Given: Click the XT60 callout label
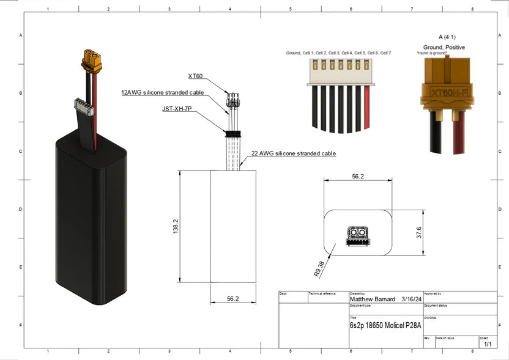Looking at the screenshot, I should pos(196,76).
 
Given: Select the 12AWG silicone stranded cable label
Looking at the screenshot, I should pos(162,93).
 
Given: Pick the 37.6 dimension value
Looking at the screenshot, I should pos(418,233).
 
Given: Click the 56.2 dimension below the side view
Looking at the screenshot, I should pos(232,299).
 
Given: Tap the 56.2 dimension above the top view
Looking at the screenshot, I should pos(357,176).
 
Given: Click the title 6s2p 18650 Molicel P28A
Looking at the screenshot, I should pos(385,326).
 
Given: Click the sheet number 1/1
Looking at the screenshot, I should pos(488,344).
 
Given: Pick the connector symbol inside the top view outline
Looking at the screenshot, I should pos(357,235).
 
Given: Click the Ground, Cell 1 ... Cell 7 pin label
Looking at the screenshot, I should pos(338,53).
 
